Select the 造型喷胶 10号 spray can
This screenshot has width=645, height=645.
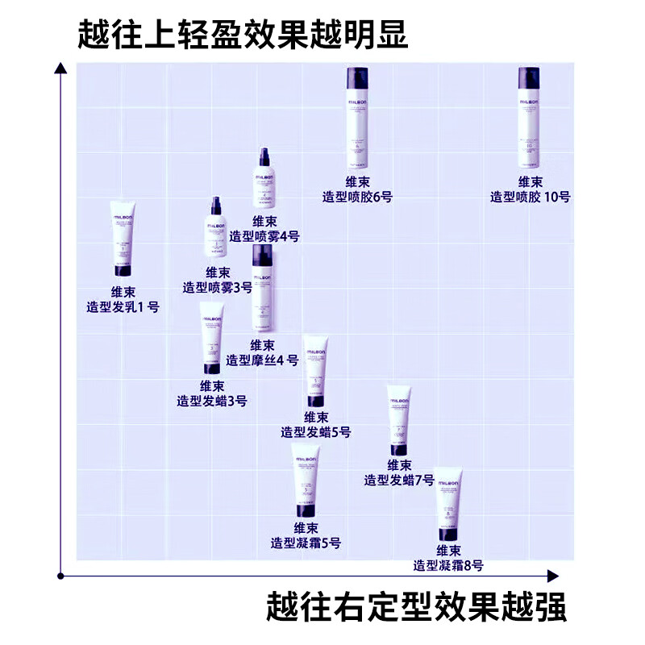click(x=529, y=118)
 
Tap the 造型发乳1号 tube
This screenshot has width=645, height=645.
click(x=123, y=239)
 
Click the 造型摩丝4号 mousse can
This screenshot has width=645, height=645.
click(x=262, y=288)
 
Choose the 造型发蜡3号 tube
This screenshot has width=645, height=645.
click(x=211, y=338)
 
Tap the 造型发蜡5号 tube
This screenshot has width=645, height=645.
click(x=316, y=372)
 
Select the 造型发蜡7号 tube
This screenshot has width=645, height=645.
click(x=399, y=420)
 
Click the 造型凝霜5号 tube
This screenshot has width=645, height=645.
click(x=306, y=481)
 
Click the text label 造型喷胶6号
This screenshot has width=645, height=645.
click(x=357, y=197)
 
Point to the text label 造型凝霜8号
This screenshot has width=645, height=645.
click(x=448, y=566)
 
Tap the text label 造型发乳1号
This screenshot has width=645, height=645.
click(x=123, y=307)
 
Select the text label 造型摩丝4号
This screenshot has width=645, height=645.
click(x=262, y=360)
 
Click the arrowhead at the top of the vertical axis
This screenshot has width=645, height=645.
click(x=60, y=68)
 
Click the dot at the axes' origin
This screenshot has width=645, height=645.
click(x=60, y=576)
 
